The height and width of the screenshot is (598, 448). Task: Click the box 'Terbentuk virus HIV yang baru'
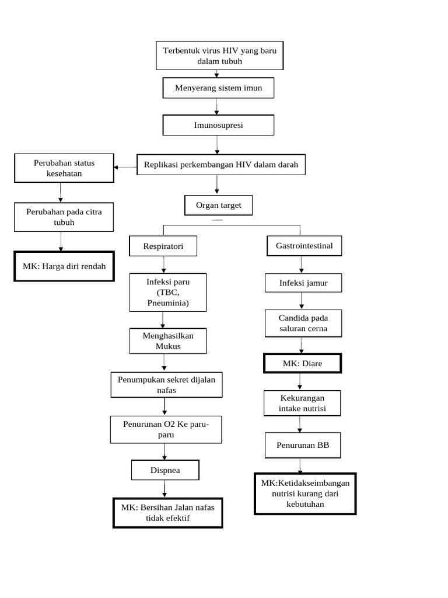[x=219, y=56]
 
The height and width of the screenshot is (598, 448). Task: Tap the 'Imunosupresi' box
[x=218, y=125]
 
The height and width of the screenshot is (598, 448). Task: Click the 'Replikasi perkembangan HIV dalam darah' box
[x=220, y=165]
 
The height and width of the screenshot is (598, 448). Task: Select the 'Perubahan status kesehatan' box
[x=64, y=168]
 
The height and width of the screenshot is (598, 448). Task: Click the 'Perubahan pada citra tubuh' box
[x=64, y=217]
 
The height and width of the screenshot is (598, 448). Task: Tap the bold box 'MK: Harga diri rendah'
[x=64, y=266]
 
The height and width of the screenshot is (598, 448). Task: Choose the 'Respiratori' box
[x=163, y=246]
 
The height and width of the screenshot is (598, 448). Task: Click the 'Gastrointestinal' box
[x=304, y=246]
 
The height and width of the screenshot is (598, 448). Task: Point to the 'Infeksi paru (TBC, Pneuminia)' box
[x=168, y=293]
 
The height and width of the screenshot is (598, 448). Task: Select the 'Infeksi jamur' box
[x=303, y=283]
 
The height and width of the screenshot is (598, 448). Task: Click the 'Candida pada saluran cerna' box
[x=303, y=323]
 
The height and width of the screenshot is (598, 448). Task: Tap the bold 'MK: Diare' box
[x=302, y=363]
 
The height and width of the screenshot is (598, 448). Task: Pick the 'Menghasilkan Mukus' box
[x=168, y=341]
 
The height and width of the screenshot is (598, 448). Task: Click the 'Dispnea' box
[x=165, y=470]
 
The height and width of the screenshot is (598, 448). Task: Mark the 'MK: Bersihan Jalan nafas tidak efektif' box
[x=167, y=513]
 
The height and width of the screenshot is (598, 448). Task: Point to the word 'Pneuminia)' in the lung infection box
[x=168, y=304]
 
